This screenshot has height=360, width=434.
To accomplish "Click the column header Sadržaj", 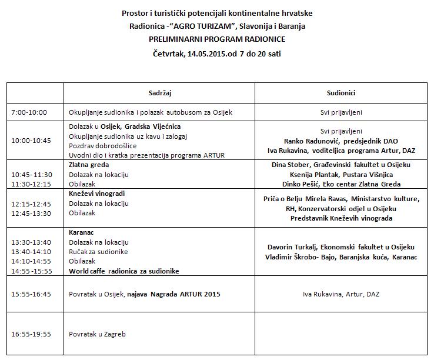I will (x=159, y=93).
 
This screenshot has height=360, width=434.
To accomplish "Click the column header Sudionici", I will (x=340, y=93).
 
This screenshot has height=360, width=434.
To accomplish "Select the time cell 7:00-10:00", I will (x=29, y=112).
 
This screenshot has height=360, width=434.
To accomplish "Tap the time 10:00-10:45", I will (x=31, y=141).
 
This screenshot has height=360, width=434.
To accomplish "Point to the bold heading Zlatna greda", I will (x=89, y=165).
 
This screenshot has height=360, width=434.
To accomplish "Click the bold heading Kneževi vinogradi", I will (x=96, y=194).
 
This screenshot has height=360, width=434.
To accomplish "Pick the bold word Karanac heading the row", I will (x=82, y=232).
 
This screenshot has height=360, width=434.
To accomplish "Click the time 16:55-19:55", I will (x=31, y=334).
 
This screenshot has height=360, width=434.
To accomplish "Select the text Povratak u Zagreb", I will (x=97, y=334).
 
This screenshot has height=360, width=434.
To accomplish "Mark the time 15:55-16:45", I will (x=31, y=293).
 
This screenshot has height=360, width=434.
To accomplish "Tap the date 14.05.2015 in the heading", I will (x=206, y=54).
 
